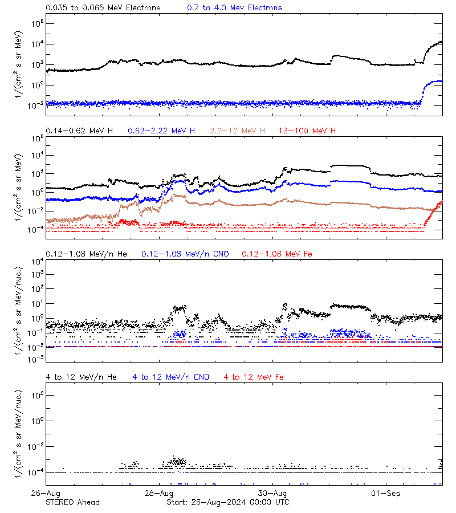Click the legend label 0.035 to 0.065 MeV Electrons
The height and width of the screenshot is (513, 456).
103,8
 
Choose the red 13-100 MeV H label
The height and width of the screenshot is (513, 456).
307,131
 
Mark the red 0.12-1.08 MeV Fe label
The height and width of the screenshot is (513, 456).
277,254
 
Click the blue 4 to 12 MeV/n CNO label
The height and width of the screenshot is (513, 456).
171,377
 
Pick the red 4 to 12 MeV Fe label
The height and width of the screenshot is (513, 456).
254,377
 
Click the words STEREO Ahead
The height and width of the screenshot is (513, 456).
72,502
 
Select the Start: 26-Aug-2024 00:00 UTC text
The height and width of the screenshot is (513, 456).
227,502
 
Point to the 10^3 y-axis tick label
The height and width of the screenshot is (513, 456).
36,274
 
